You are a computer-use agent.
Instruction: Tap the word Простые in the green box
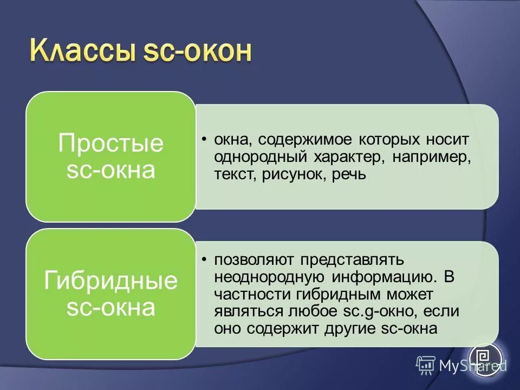tap(110, 144)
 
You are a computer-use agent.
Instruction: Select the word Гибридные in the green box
tap(110, 281)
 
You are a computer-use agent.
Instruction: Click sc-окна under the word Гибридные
tap(110, 307)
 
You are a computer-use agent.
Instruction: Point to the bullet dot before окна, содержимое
tap(205, 140)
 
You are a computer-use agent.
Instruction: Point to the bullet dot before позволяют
tap(205, 259)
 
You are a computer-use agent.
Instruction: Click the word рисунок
tap(296, 175)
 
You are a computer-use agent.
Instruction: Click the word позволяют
tap(251, 259)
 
